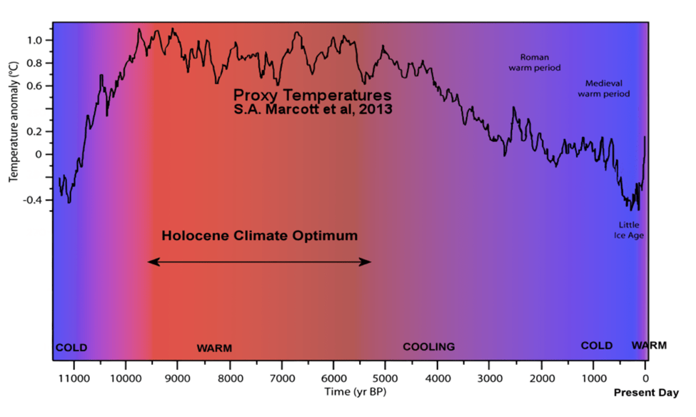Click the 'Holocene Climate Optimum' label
click(x=259, y=235)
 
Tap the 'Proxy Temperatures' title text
click(x=313, y=95)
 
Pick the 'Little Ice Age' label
click(x=629, y=230)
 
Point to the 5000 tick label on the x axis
click(x=385, y=378)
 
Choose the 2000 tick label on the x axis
click(x=542, y=378)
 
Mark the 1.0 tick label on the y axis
click(x=35, y=40)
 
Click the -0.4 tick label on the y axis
click(x=34, y=200)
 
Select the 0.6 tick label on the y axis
click(x=35, y=86)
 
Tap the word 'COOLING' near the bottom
click(x=428, y=347)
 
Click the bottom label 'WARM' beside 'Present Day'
click(x=649, y=346)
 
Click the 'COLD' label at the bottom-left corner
click(x=71, y=348)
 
